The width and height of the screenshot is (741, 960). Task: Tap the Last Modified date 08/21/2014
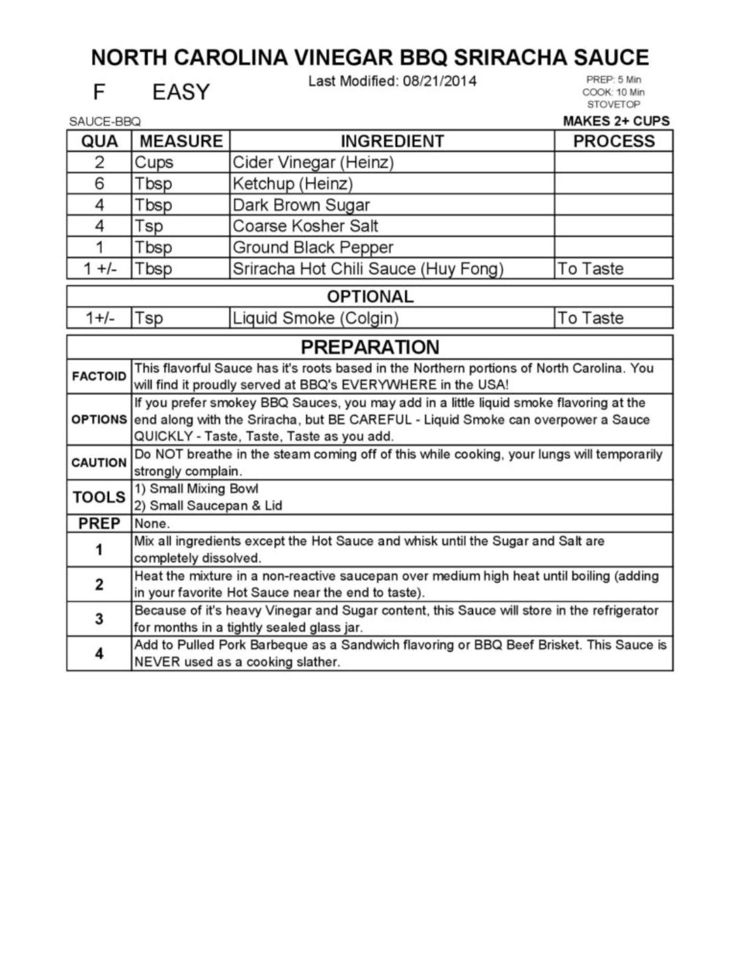pyautogui.click(x=439, y=81)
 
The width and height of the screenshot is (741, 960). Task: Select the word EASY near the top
pyautogui.click(x=181, y=92)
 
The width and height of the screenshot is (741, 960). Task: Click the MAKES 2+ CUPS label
pyautogui.click(x=616, y=121)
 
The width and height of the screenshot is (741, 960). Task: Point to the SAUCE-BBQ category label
pyautogui.click(x=105, y=122)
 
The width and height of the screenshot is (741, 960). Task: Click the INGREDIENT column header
pyautogui.click(x=392, y=141)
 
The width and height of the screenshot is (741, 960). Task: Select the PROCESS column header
pyautogui.click(x=613, y=141)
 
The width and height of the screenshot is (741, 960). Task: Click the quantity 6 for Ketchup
pyautogui.click(x=99, y=183)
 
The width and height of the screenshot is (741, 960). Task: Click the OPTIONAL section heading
pyautogui.click(x=370, y=296)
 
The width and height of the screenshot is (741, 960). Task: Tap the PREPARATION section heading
pyautogui.click(x=370, y=347)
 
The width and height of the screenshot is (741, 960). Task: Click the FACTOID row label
pyautogui.click(x=99, y=376)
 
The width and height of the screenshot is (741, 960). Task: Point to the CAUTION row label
pyautogui.click(x=99, y=462)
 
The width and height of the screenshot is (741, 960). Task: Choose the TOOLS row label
pyautogui.click(x=99, y=497)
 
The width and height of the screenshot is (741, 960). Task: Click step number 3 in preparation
pyautogui.click(x=99, y=619)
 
